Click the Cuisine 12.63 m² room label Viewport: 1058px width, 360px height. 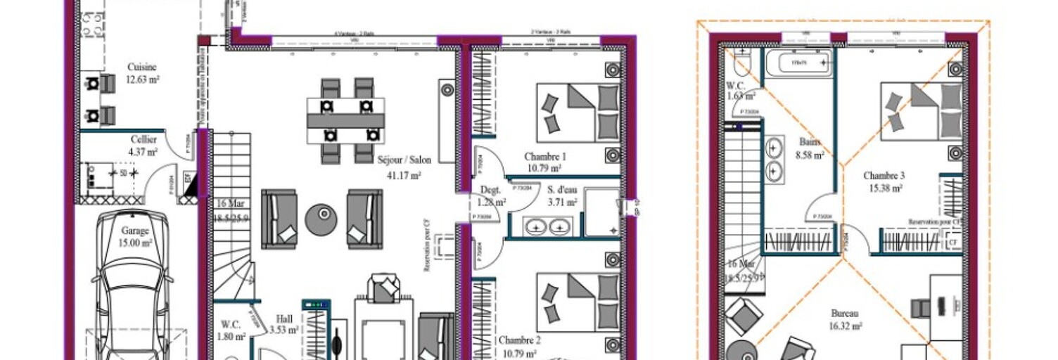(x=141, y=73)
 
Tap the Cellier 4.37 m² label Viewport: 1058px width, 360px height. (x=143, y=145)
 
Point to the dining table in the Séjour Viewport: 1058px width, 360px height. (x=345, y=120)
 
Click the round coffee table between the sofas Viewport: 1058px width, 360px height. (x=321, y=219)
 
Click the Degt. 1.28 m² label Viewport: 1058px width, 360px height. (x=490, y=195)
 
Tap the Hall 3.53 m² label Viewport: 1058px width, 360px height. (x=284, y=323)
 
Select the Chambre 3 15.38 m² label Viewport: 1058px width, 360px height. (x=884, y=181)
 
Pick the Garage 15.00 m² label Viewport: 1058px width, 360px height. (x=135, y=236)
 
